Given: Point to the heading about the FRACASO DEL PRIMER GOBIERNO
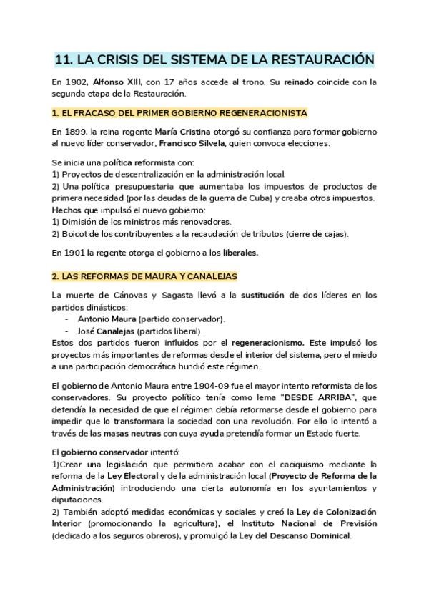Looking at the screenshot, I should click(180, 113).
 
